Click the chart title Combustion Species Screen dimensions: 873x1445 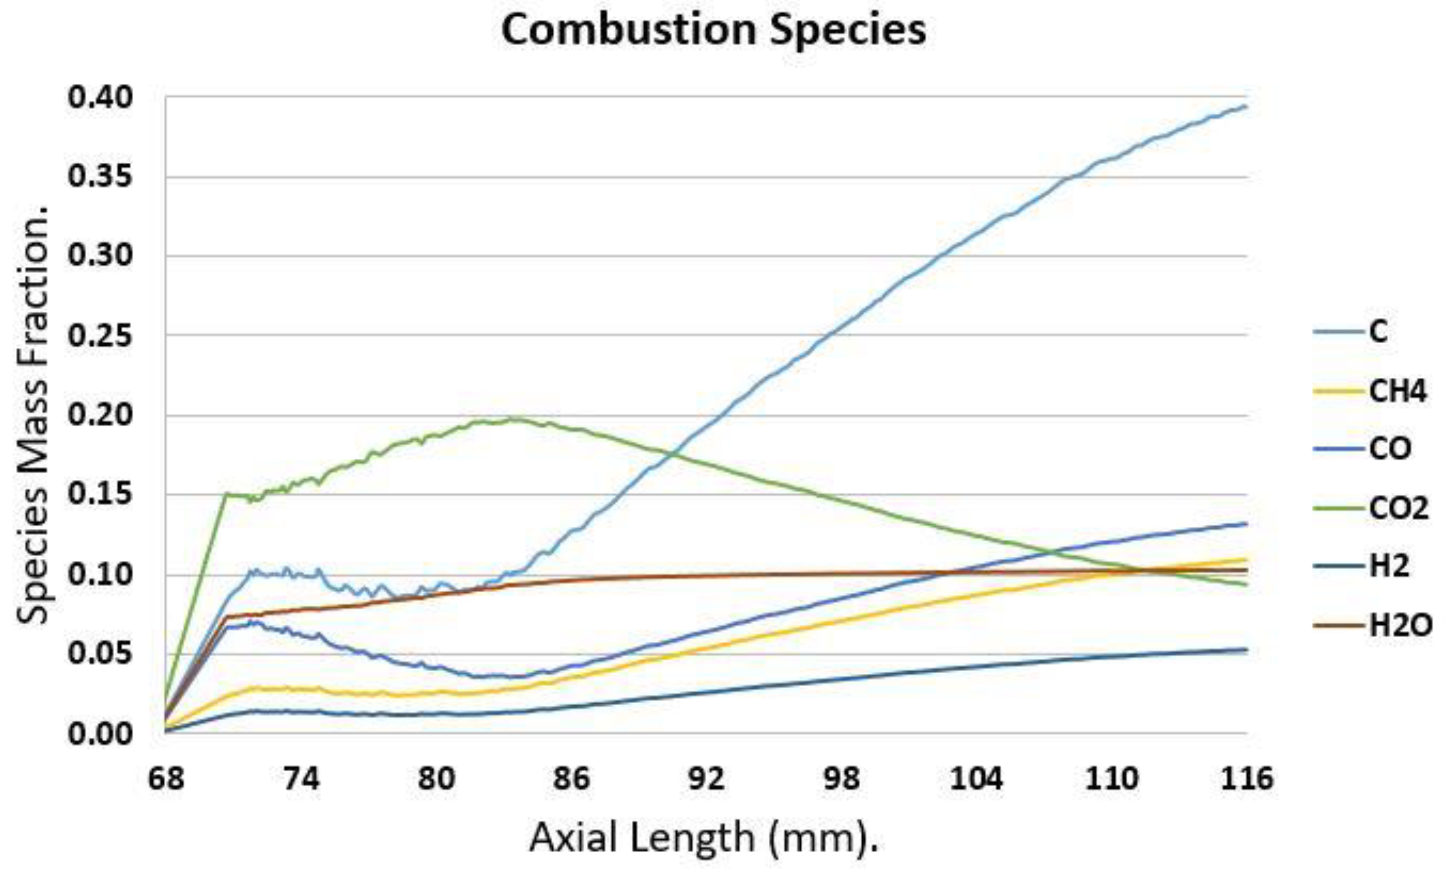713,31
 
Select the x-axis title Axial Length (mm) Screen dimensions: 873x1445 704,838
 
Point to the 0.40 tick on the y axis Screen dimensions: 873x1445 100,98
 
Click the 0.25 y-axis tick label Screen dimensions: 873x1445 100,336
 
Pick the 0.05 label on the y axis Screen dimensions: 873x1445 100,653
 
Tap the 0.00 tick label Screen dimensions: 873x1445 100,733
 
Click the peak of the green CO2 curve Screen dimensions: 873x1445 514,419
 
